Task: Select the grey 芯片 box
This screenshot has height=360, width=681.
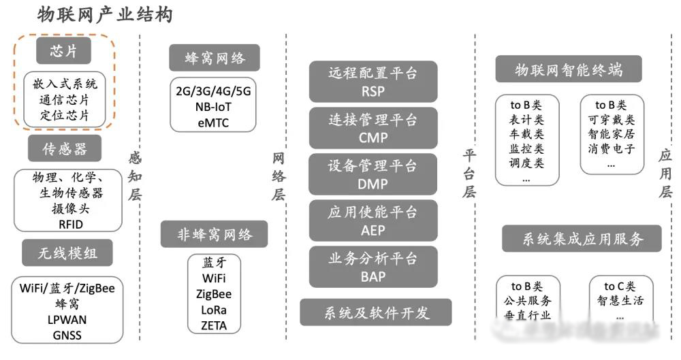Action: pos(63,51)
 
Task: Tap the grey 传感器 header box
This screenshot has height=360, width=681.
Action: pos(65,148)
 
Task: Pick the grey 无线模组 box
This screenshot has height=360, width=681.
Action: pos(67,254)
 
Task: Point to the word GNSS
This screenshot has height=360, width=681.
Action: pos(67,334)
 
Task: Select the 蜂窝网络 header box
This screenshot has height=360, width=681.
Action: pos(215,58)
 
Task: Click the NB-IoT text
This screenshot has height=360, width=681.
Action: pos(213,107)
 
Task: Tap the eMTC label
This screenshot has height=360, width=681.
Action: pos(213,122)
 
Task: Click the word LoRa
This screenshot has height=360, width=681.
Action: pos(214,310)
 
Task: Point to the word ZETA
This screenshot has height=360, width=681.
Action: pos(214,325)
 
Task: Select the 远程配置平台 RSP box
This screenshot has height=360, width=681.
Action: pos(373,81)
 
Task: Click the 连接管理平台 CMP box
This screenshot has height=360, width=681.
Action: pos(373,127)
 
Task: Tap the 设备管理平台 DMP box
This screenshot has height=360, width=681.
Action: pos(373,174)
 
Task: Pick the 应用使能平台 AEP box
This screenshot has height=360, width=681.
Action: pos(373,220)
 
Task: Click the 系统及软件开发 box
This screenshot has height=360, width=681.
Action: pos(376,312)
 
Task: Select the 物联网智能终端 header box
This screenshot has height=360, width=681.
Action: pos(569,69)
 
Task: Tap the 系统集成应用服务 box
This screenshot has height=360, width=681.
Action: pos(582,239)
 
